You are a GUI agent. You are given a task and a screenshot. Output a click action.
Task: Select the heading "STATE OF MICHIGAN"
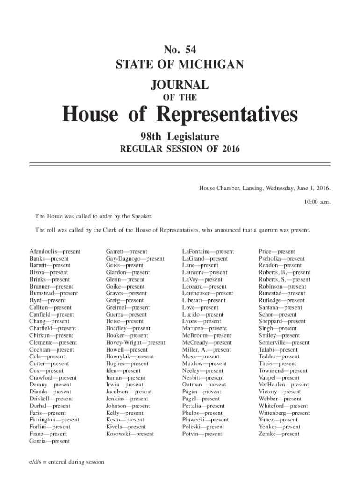tap(180, 64)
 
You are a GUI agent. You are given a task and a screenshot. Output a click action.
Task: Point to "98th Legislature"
tap(180, 137)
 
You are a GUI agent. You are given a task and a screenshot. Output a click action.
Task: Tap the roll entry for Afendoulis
tap(55, 252)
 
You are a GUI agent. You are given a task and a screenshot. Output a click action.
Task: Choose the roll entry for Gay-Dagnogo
tap(135, 259)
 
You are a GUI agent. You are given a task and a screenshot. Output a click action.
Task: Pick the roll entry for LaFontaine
tap(208, 252)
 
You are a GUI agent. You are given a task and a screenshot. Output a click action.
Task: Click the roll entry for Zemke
tap(279, 434)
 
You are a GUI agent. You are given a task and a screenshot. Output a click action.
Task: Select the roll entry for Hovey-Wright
tap(136, 343)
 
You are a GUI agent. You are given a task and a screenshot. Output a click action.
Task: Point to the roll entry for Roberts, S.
tap(284, 280)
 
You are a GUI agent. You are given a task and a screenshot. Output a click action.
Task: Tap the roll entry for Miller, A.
tap(206, 350)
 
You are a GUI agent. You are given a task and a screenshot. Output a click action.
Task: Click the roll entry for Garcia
tap(49, 441)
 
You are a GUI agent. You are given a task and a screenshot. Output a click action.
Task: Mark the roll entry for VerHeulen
tap(284, 385)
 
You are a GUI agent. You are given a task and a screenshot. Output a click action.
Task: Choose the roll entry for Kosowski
tap(130, 434)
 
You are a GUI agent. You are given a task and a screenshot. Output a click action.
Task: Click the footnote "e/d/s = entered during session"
tap(66, 462)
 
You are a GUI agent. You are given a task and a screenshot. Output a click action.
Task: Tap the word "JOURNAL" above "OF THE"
tap(180, 85)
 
